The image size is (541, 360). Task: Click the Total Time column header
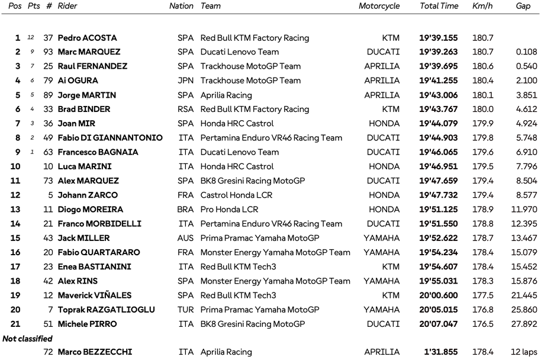pyautogui.click(x=439, y=6)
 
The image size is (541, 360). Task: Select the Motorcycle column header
pyautogui.click(x=379, y=6)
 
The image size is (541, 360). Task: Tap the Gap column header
pyautogui.click(x=523, y=6)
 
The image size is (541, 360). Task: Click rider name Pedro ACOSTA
pyautogui.click(x=87, y=38)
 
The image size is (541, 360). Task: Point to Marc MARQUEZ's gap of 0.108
pyautogui.click(x=526, y=52)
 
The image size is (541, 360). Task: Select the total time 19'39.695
pyautogui.click(x=439, y=66)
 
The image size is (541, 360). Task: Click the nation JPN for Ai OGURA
pyautogui.click(x=185, y=81)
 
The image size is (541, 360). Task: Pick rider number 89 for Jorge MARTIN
pyautogui.click(x=47, y=95)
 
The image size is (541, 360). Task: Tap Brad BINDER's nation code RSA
pyautogui.click(x=185, y=109)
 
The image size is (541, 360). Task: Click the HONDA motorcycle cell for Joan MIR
pyautogui.click(x=384, y=123)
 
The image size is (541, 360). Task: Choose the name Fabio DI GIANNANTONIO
pyautogui.click(x=110, y=138)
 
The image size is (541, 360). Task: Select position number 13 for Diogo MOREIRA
pyautogui.click(x=15, y=209)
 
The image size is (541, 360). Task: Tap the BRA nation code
pyautogui.click(x=185, y=209)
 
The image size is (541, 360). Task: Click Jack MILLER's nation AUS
pyautogui.click(x=185, y=238)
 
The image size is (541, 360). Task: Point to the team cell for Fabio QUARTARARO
pyautogui.click(x=275, y=252)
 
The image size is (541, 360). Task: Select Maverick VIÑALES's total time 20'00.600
pyautogui.click(x=439, y=295)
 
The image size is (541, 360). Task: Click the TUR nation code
pyautogui.click(x=185, y=309)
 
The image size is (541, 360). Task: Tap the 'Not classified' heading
pyautogui.click(x=27, y=339)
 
